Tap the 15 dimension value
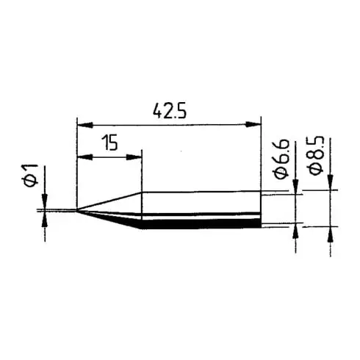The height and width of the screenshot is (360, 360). (x=109, y=143)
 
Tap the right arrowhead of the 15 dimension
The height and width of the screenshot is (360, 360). (x=137, y=156)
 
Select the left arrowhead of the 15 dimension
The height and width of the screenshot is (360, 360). (x=82, y=156)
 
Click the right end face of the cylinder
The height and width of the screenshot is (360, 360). (x=262, y=211)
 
